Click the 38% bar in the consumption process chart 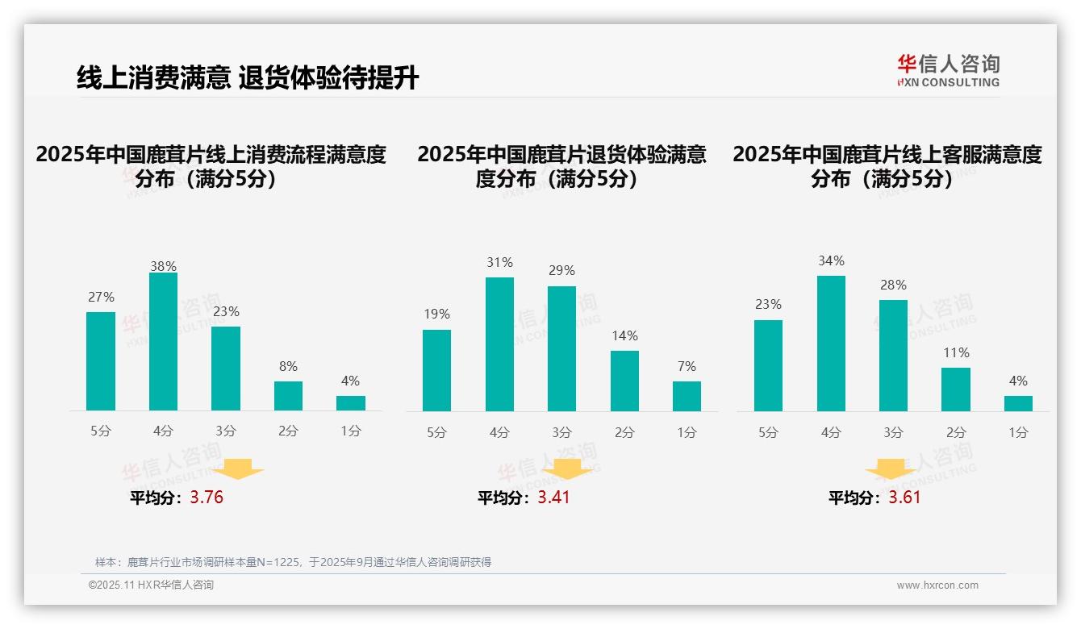[163, 342]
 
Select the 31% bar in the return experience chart [499, 344]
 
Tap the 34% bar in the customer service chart [831, 344]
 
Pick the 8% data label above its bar [288, 366]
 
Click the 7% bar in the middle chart [687, 396]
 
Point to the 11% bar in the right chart [956, 389]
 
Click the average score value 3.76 [207, 498]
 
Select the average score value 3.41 [553, 498]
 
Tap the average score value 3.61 [904, 498]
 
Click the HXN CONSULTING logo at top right [948, 70]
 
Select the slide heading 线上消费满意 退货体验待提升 [248, 78]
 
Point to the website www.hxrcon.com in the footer [937, 585]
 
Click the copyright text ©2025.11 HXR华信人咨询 [151, 585]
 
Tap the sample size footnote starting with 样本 [293, 562]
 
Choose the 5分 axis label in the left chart [101, 431]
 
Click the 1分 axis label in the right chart [1018, 433]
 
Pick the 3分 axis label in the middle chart [561, 433]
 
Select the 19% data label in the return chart [436, 314]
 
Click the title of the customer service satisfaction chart [887, 166]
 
